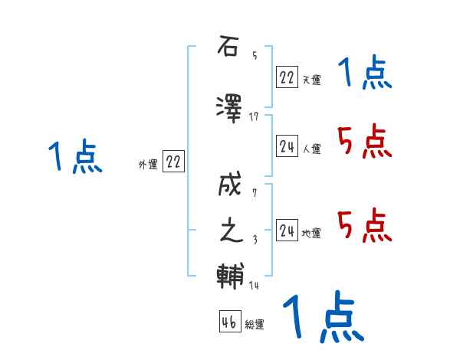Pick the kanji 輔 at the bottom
[x=229, y=275]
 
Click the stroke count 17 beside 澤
[x=255, y=116]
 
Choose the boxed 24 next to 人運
[x=287, y=146]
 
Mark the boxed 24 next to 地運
[x=287, y=231]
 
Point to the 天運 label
[x=312, y=79]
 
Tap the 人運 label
[x=312, y=149]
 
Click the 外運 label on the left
[x=148, y=164]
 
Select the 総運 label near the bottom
[x=255, y=325]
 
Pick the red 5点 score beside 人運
[x=364, y=141]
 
